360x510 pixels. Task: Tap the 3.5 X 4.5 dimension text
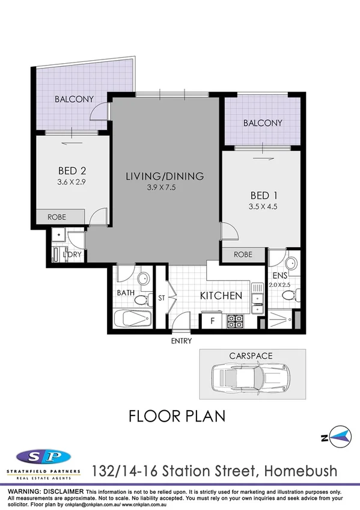[263, 207]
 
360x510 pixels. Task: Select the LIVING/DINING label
[165, 176]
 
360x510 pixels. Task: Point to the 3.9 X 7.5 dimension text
[165, 188]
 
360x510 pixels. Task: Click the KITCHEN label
[221, 296]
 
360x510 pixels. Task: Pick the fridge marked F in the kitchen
[211, 321]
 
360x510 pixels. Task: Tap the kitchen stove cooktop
[234, 322]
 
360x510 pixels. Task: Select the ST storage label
[162, 296]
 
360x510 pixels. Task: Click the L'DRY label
[72, 256]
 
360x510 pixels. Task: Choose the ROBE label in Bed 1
[243, 255]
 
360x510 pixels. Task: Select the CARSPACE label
[251, 356]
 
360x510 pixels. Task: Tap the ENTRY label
[182, 341]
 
